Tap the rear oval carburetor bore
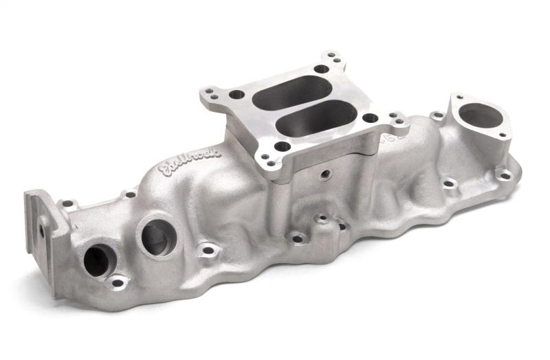pyautogui.click(x=292, y=91)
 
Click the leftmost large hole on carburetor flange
pyautogui.click(x=236, y=94)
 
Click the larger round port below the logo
pyautogui.click(x=157, y=236)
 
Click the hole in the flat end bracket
pyautogui.click(x=43, y=232)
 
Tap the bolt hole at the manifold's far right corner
pyautogui.click(x=505, y=175)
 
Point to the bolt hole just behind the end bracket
pyautogui.click(x=67, y=204)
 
